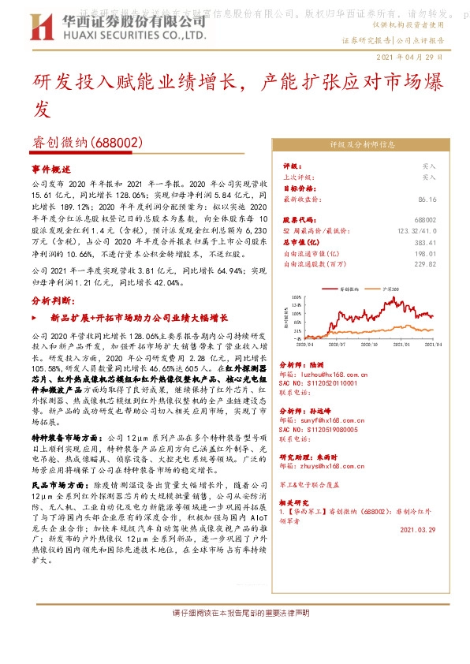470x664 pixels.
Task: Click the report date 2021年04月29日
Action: pos(410,58)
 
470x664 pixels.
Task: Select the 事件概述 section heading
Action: pos(51,169)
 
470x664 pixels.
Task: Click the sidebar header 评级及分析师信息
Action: pos(363,145)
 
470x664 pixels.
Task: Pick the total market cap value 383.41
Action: pos(425,242)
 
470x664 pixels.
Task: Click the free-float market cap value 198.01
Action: pos(425,253)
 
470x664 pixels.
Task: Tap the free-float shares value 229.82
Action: pos(425,264)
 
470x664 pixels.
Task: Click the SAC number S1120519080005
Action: pos(324,431)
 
